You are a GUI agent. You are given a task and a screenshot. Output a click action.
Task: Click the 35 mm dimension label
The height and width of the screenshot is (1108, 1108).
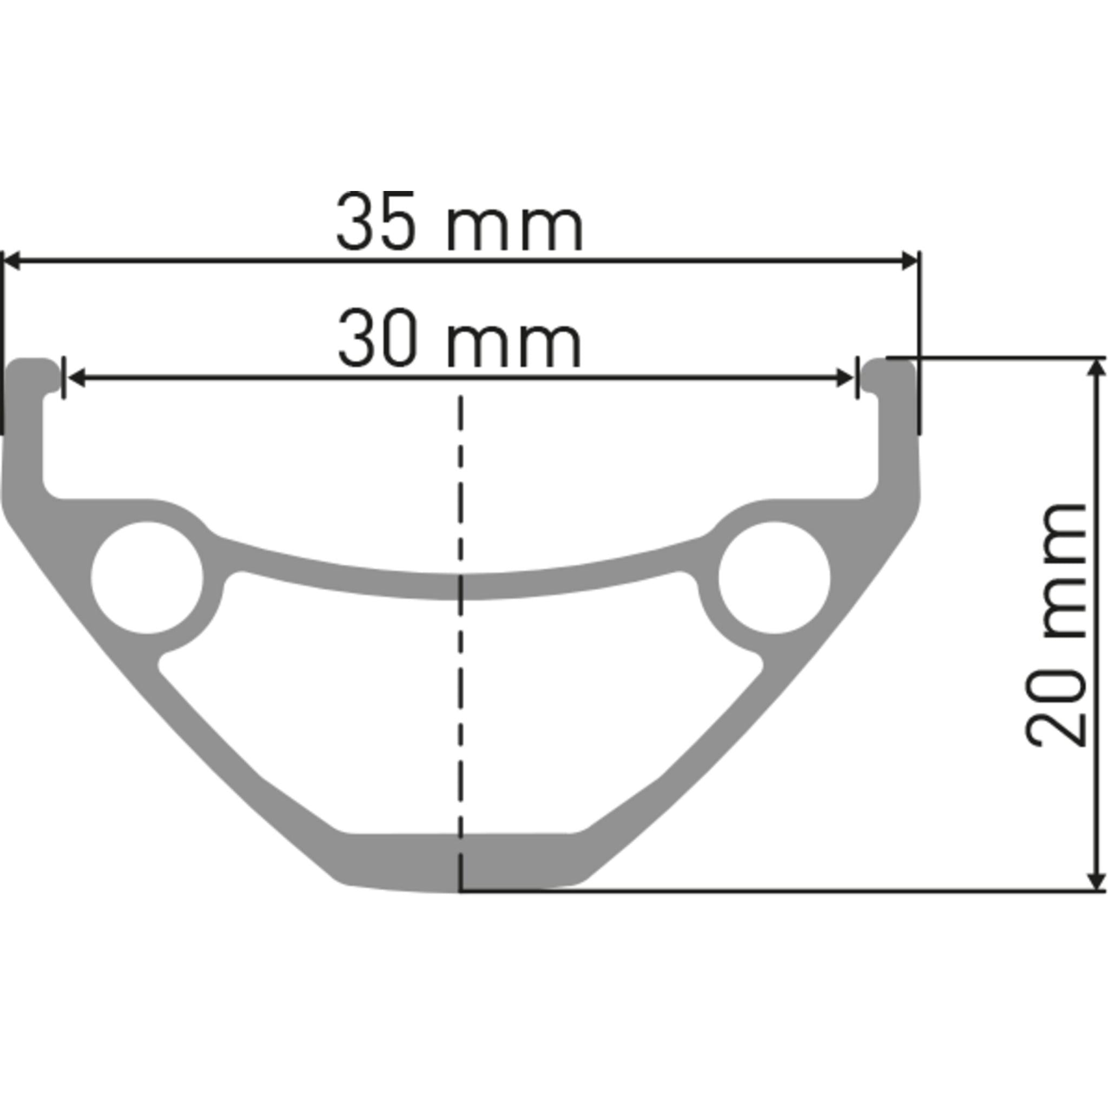pyautogui.click(x=459, y=222)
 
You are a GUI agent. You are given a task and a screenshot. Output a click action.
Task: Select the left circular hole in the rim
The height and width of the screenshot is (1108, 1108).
pyautogui.click(x=147, y=577)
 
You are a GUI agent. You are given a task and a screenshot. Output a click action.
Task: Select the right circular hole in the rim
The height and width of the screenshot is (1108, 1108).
pyautogui.click(x=774, y=577)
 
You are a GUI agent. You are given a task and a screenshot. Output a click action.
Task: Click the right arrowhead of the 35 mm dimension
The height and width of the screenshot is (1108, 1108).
pyautogui.click(x=909, y=260)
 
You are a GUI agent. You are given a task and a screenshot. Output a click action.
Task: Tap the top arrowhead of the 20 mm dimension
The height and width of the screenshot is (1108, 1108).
pyautogui.click(x=1097, y=367)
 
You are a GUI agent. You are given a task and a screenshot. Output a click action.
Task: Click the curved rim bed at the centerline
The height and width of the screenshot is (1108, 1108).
pyautogui.click(x=460, y=586)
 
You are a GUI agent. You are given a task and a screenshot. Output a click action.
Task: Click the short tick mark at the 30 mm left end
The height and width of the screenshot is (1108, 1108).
pyautogui.click(x=63, y=378)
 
